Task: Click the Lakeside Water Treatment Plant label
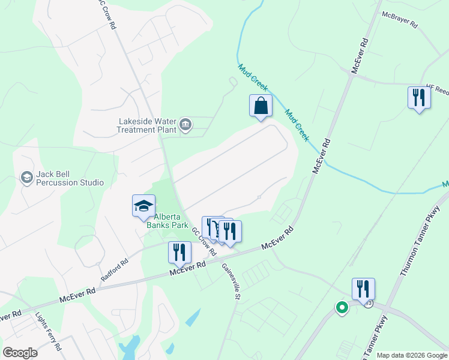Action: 147,125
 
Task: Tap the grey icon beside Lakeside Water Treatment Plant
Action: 185,125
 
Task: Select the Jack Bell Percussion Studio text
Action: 70,178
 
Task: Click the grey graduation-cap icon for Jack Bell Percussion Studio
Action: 26,177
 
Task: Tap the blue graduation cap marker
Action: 144,206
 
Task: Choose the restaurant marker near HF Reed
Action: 419,97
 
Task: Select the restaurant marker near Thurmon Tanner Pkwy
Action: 363,289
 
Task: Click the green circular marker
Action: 342,308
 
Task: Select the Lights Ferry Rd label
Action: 49,331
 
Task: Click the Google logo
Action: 20,353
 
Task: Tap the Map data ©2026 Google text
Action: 412,355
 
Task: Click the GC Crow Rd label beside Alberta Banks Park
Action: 204,238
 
